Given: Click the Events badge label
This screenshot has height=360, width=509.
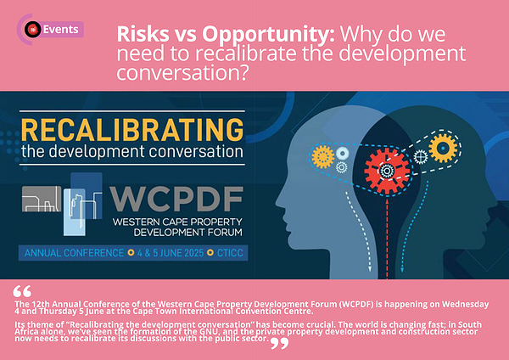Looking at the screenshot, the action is pos(61,30).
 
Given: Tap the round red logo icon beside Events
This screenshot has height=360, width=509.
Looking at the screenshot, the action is pos(33,29).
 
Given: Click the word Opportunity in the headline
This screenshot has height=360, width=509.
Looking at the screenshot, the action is pos(268,35).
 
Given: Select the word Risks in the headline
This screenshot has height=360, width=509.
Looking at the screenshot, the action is pos(143,33).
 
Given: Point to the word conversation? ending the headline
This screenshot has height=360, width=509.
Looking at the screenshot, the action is pos(182,73).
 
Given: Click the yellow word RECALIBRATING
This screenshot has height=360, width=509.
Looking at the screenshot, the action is pos(132,130).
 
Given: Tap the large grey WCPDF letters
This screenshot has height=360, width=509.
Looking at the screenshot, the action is pos(176,200).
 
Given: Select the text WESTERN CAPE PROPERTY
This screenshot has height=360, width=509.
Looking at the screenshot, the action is pos(177,222).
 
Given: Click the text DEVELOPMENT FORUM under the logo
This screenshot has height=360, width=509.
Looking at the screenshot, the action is pos(188,233).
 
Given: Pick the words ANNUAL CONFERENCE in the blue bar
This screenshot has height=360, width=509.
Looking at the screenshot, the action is pos(74,253).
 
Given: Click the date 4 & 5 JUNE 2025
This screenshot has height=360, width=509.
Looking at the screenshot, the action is pos(171,253).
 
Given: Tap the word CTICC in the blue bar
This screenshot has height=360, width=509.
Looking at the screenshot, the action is pos(230,253).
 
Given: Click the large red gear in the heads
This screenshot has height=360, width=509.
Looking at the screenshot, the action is pos(387,171).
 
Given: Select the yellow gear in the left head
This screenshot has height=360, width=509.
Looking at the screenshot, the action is pos(323,157).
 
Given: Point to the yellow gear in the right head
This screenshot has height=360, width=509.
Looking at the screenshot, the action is pos(443,148).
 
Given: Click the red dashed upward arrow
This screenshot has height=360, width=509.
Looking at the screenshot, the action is pos(387,238).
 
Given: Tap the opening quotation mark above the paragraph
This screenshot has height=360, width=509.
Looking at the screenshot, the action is pos(22,291).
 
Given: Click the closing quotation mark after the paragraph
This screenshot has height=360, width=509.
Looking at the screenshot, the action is pos(279,343).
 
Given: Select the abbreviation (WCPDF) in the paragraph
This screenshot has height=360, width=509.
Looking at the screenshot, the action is pos(356,305).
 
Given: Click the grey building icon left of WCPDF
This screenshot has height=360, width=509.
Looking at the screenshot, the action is pos(42,199).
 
